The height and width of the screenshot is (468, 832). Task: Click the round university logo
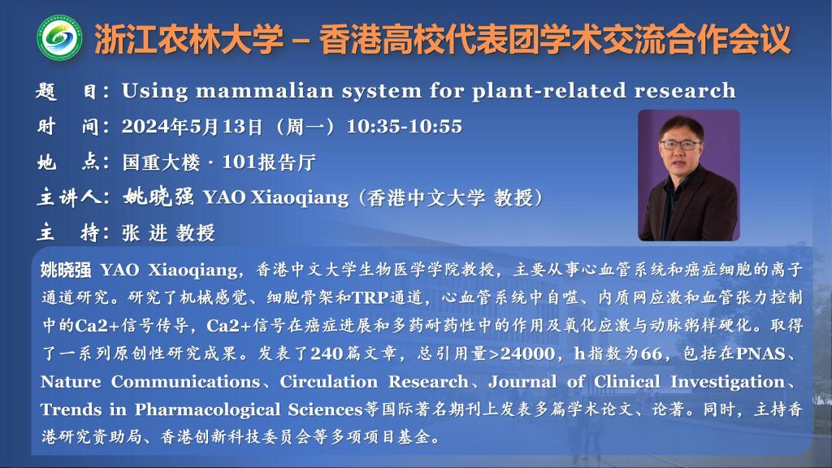pyautogui.click(x=59, y=37)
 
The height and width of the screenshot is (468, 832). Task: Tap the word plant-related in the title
pyautogui.click(x=549, y=91)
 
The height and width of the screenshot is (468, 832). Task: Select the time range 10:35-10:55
pyautogui.click(x=405, y=126)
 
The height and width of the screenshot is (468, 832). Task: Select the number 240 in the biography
pyautogui.click(x=327, y=353)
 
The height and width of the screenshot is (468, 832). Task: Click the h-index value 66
pyautogui.click(x=651, y=353)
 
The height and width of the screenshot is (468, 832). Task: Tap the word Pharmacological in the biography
pyautogui.click(x=207, y=409)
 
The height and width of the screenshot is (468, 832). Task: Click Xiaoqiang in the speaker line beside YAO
pyautogui.click(x=300, y=198)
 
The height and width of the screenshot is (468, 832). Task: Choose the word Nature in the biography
pyautogui.click(x=71, y=382)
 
